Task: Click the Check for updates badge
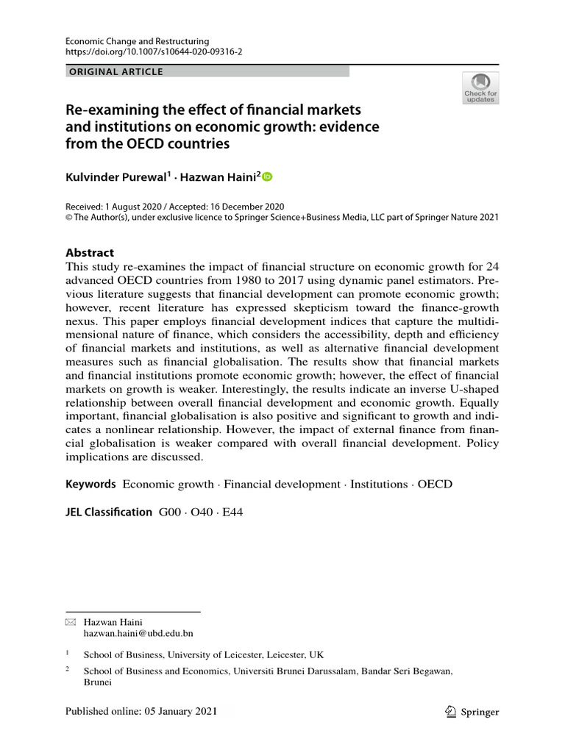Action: point(480,88)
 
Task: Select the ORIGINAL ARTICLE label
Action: point(115,72)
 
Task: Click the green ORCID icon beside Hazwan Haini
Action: point(267,176)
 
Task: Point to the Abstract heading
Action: point(90,252)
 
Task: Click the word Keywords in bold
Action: point(90,484)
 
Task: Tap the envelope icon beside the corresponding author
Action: point(71,621)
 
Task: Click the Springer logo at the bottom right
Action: point(473,712)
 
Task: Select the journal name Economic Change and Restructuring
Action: point(138,42)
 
